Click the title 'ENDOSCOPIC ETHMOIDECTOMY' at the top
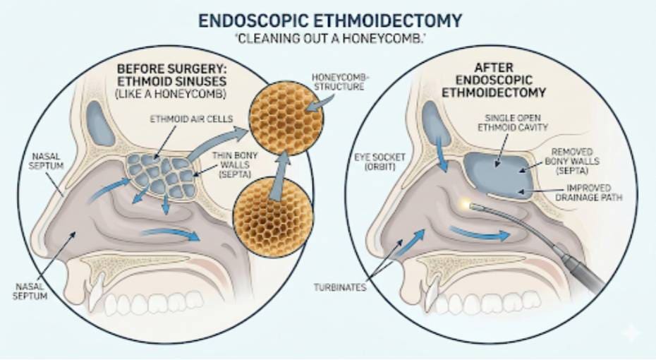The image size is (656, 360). click(x=329, y=20)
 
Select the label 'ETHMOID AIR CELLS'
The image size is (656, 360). click(x=191, y=119)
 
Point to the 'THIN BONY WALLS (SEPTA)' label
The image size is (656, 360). click(x=235, y=164)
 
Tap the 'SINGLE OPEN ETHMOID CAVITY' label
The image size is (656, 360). click(x=513, y=123)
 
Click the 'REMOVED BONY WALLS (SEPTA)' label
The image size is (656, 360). click(x=572, y=161)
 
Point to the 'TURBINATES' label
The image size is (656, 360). click(x=340, y=287)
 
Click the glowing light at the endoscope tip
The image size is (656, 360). click(x=465, y=204)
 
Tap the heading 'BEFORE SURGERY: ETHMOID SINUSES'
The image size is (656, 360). click(x=171, y=75)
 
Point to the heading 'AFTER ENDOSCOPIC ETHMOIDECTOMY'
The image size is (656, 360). click(x=494, y=80)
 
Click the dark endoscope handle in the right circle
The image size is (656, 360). click(x=583, y=273)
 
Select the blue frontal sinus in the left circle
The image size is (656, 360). click(x=99, y=123)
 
